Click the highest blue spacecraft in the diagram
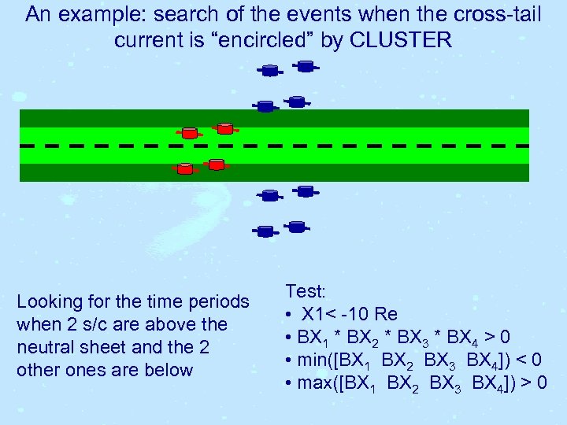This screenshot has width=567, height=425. pos(306,66)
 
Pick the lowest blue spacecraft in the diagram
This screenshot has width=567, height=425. pos(265,231)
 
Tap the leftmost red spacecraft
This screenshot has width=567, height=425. pos(184,168)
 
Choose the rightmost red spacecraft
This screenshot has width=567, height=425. pos(225,128)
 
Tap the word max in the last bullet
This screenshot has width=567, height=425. pos(313,383)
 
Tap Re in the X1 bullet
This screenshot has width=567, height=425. pos(387,314)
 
